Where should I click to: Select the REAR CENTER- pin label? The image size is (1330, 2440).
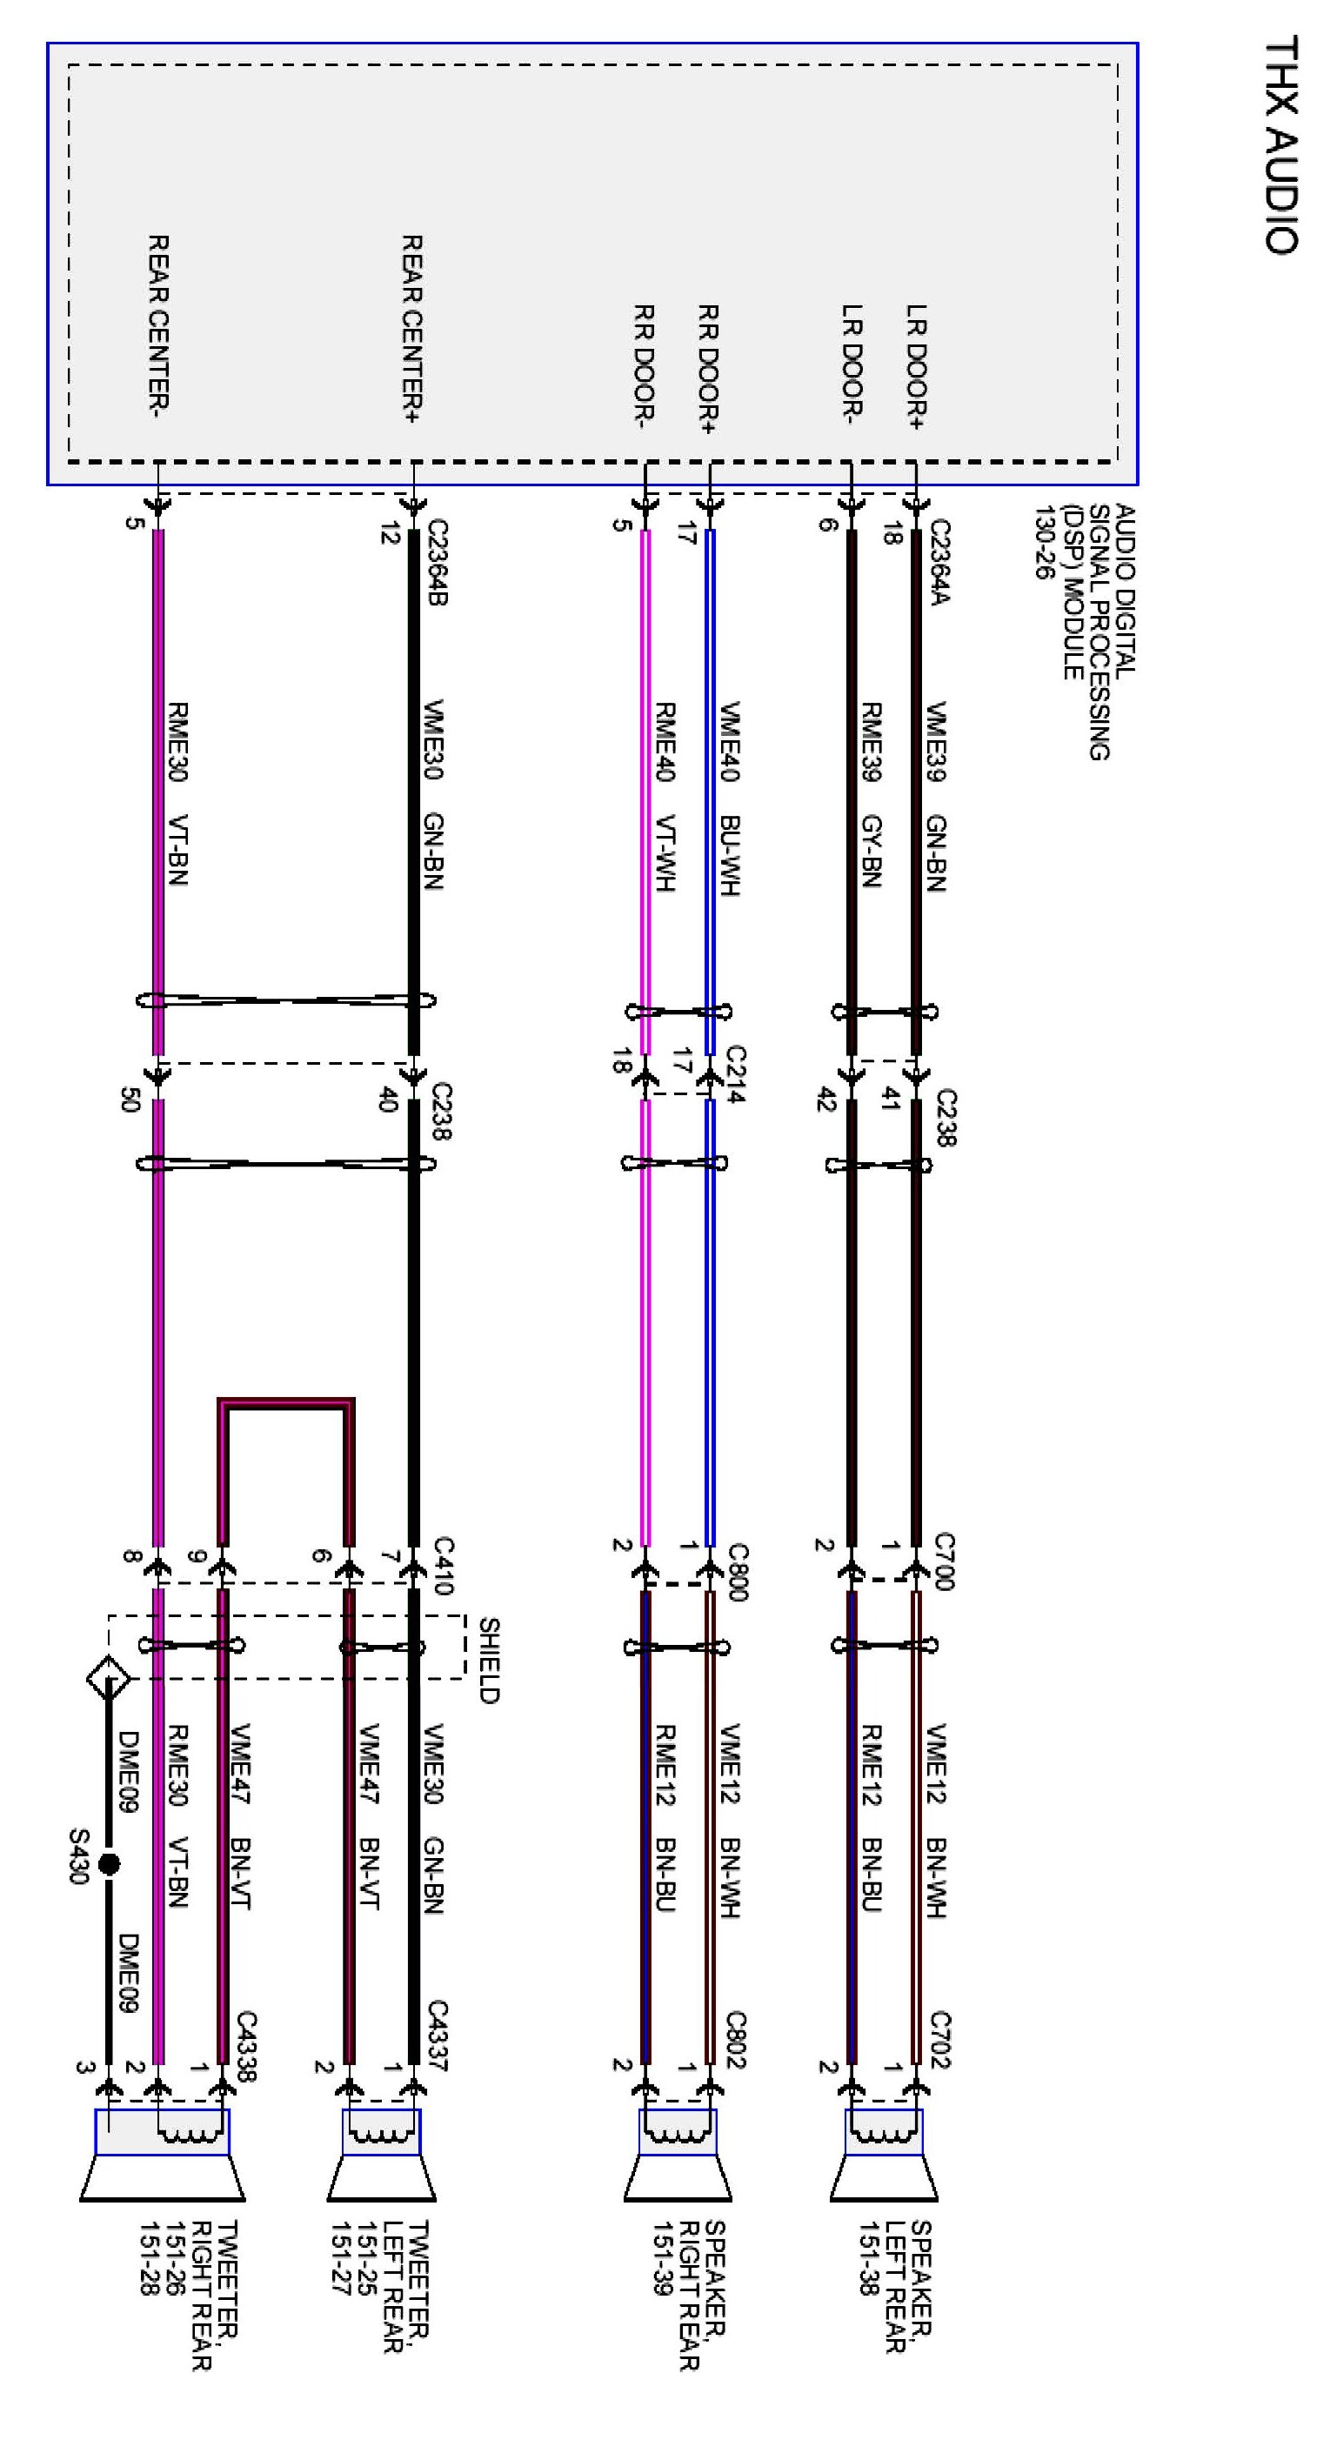point(158,327)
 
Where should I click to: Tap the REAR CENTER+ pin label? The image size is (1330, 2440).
point(412,328)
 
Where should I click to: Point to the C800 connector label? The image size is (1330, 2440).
point(738,1573)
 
